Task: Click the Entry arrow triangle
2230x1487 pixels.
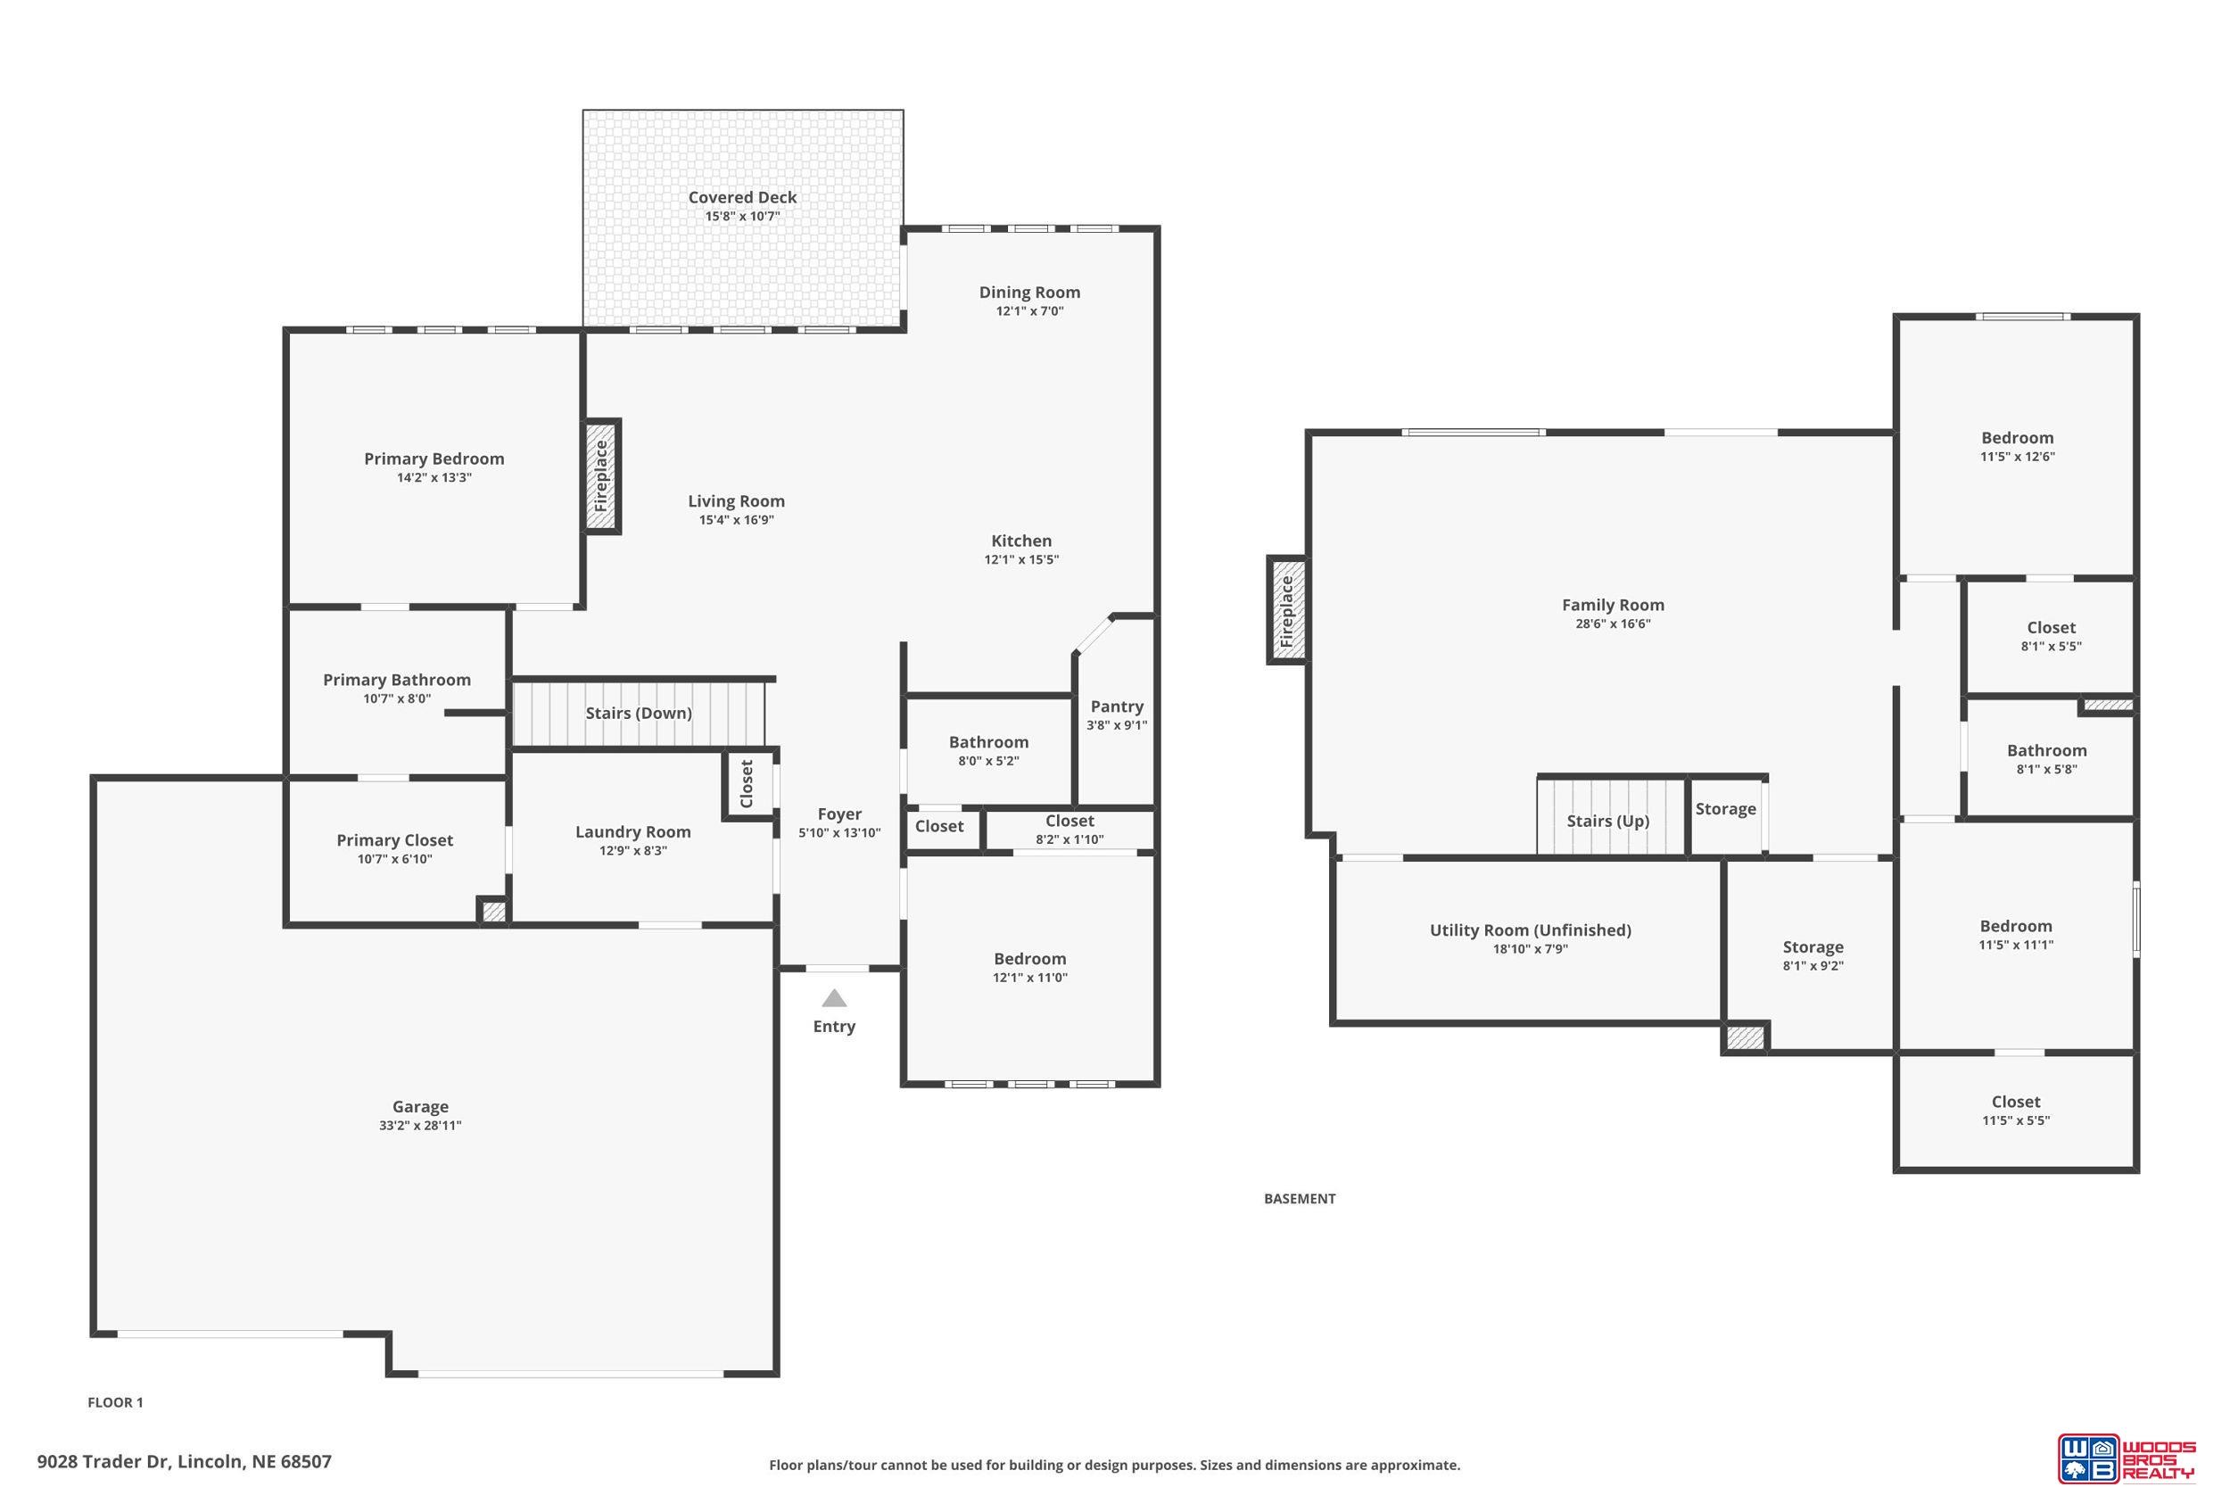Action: click(x=833, y=997)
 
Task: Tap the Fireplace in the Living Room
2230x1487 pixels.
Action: click(x=601, y=476)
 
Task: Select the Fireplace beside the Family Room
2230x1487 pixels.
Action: click(x=1286, y=610)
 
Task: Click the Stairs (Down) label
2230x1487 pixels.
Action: click(x=638, y=713)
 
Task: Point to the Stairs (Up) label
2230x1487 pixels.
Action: click(x=1608, y=821)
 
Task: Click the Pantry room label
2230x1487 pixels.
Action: click(x=1117, y=706)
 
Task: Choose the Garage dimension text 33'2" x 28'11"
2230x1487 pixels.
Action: click(x=420, y=1126)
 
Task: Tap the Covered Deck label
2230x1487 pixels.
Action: click(x=742, y=197)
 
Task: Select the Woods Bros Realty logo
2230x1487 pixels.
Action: click(x=2125, y=1458)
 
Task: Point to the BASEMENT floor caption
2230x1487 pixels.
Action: click(x=1300, y=1199)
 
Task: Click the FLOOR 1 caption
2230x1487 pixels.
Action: click(x=116, y=1402)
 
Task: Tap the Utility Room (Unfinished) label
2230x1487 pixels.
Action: click(x=1531, y=930)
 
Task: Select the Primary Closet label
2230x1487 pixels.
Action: click(x=394, y=840)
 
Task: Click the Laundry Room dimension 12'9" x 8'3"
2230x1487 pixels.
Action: click(x=632, y=851)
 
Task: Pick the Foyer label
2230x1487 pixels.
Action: click(x=839, y=814)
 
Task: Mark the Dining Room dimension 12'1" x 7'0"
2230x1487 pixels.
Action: click(x=1029, y=311)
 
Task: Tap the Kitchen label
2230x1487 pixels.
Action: click(x=1021, y=541)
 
